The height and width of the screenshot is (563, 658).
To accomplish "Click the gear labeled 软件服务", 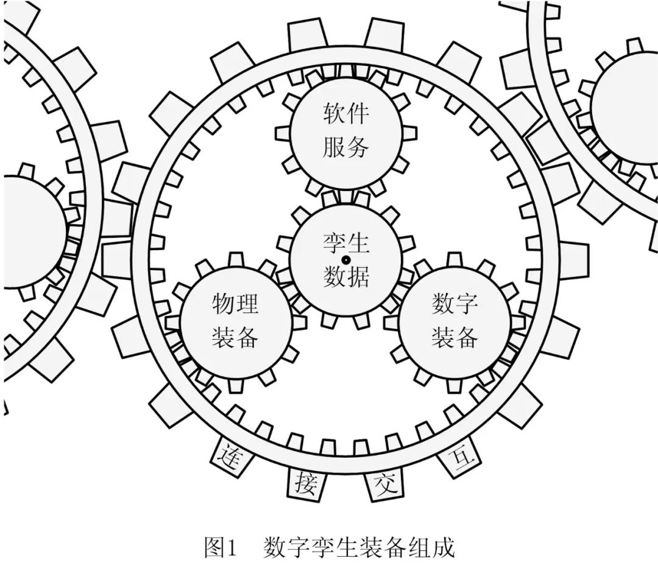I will pyautogui.click(x=345, y=131).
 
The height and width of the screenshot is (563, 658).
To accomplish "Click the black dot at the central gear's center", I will pyautogui.click(x=345, y=261).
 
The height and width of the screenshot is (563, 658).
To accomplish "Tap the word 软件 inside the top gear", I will pyautogui.click(x=345, y=114).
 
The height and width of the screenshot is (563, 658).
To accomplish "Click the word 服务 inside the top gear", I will pyautogui.click(x=345, y=147).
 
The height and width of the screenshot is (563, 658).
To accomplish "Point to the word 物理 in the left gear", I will pyautogui.click(x=235, y=303).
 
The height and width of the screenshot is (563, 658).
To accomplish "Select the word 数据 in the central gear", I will pyautogui.click(x=345, y=277).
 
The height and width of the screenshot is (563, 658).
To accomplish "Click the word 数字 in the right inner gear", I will pyautogui.click(x=454, y=303).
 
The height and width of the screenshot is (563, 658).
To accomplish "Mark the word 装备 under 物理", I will pyautogui.click(x=235, y=337).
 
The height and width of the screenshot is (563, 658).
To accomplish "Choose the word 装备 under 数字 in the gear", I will pyautogui.click(x=454, y=337).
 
